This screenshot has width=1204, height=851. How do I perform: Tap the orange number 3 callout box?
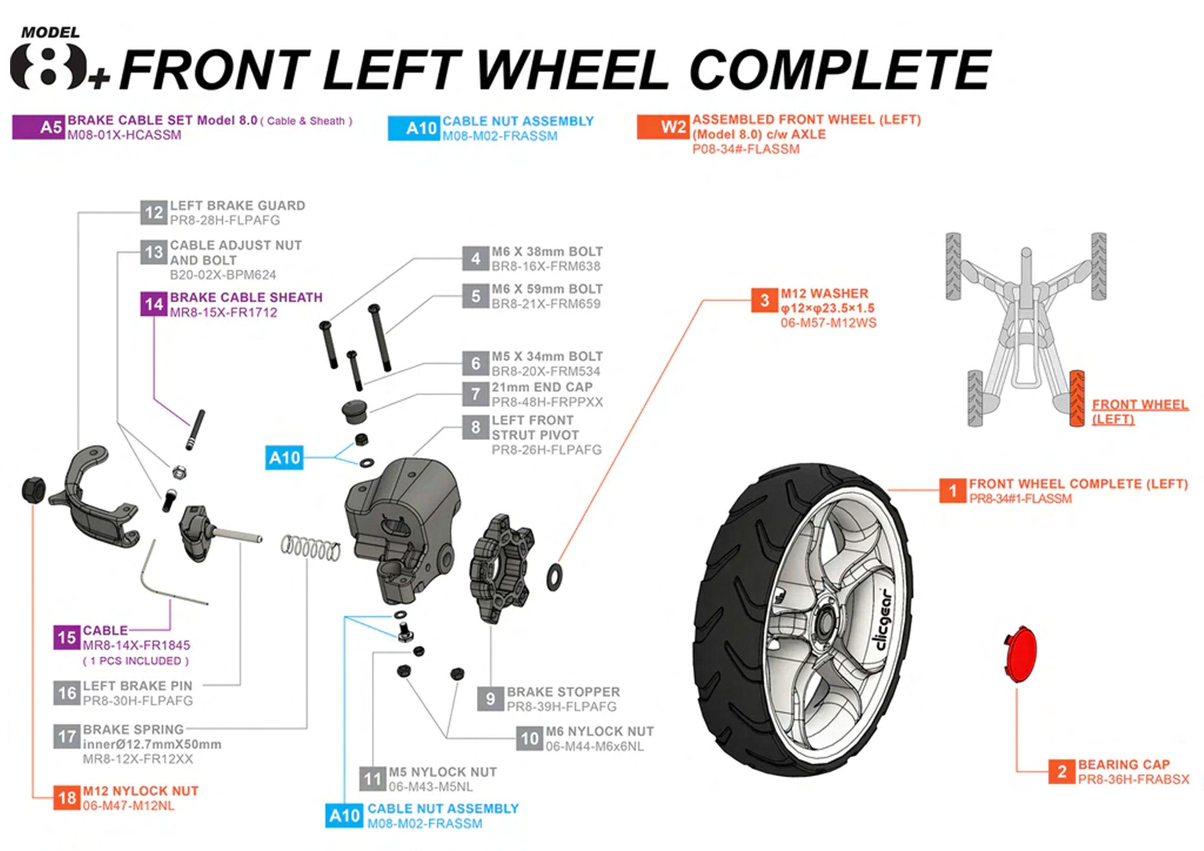coord(764,300)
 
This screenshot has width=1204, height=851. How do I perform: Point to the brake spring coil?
coord(310,548)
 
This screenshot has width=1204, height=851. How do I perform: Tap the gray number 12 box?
coord(153,212)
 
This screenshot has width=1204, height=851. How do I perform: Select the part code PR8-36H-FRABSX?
coord(1133,779)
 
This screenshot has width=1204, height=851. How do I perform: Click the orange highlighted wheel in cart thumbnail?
coord(1077,398)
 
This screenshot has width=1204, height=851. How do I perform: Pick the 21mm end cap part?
coord(355,409)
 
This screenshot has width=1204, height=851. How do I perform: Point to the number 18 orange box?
coord(66,797)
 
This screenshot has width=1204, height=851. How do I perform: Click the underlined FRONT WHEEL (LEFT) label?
coord(1139,412)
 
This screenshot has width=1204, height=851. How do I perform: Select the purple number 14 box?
coord(153,304)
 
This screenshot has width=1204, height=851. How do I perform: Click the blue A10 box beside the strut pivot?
coord(284,458)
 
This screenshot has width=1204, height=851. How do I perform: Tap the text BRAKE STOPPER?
coord(563,691)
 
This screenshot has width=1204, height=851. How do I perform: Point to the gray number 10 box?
coord(529,738)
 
